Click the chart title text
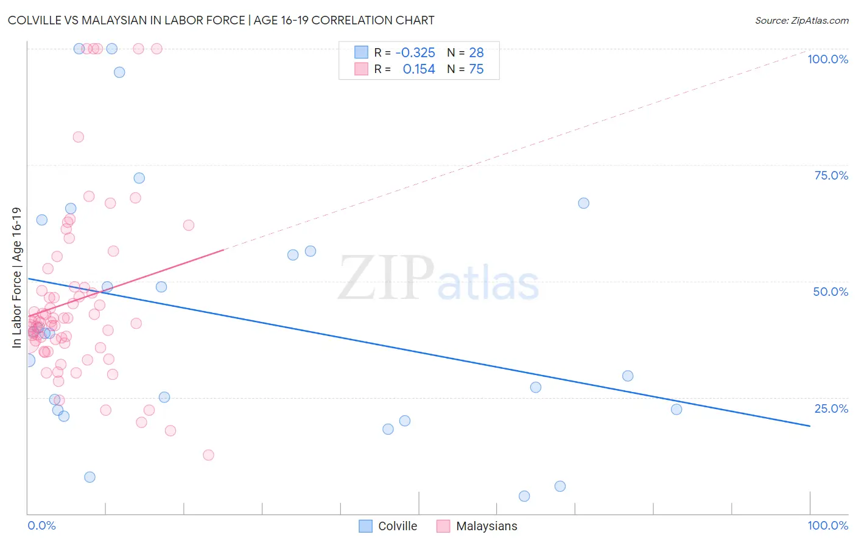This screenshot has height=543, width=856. [x=221, y=20]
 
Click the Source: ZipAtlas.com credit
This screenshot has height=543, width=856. [x=801, y=20]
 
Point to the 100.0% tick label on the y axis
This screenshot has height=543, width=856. [x=827, y=59]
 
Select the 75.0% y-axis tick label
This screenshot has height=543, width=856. [x=831, y=175]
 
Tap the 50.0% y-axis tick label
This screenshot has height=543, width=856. [x=830, y=292]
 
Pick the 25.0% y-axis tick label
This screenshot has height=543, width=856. [x=831, y=408]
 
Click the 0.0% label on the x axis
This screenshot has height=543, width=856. [x=41, y=525]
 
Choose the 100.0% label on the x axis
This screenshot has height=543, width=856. [x=827, y=525]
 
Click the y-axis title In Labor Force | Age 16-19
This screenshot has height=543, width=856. [x=17, y=278]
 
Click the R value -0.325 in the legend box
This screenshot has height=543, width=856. [x=415, y=53]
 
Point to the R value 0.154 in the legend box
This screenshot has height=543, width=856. [x=419, y=69]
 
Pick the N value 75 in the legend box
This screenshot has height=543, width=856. [x=476, y=69]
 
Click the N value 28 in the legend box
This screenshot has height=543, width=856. [x=476, y=53]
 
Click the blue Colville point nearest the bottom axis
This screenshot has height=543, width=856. [x=524, y=496]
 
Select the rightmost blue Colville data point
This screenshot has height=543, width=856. [x=676, y=409]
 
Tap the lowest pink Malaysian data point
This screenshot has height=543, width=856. [x=208, y=455]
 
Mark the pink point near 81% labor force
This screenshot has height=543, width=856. [x=78, y=137]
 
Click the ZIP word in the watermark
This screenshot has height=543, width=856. [x=386, y=279]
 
